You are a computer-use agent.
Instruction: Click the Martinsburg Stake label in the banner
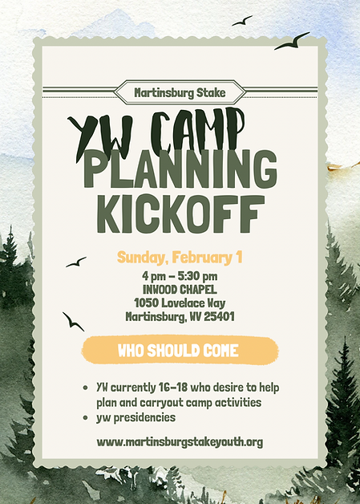tap(180, 92)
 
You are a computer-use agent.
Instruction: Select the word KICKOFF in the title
tap(180, 210)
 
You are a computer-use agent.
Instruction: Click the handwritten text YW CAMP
tap(156, 130)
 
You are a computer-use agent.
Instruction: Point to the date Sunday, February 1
tap(180, 258)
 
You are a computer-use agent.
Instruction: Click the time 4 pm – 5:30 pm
tap(180, 275)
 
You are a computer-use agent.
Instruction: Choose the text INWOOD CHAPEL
tap(180, 289)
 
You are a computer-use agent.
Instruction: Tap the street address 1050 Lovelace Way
tap(180, 303)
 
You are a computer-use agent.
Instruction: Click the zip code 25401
tap(217, 316)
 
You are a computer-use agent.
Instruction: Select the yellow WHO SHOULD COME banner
tap(180, 350)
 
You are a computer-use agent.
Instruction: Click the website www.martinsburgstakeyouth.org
tap(180, 441)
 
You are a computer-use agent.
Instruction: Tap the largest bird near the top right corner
tap(293, 41)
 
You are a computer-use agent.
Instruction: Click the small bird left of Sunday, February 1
tap(76, 262)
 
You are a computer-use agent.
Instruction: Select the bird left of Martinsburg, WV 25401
tap(73, 321)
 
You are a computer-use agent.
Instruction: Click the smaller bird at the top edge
tap(241, 21)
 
